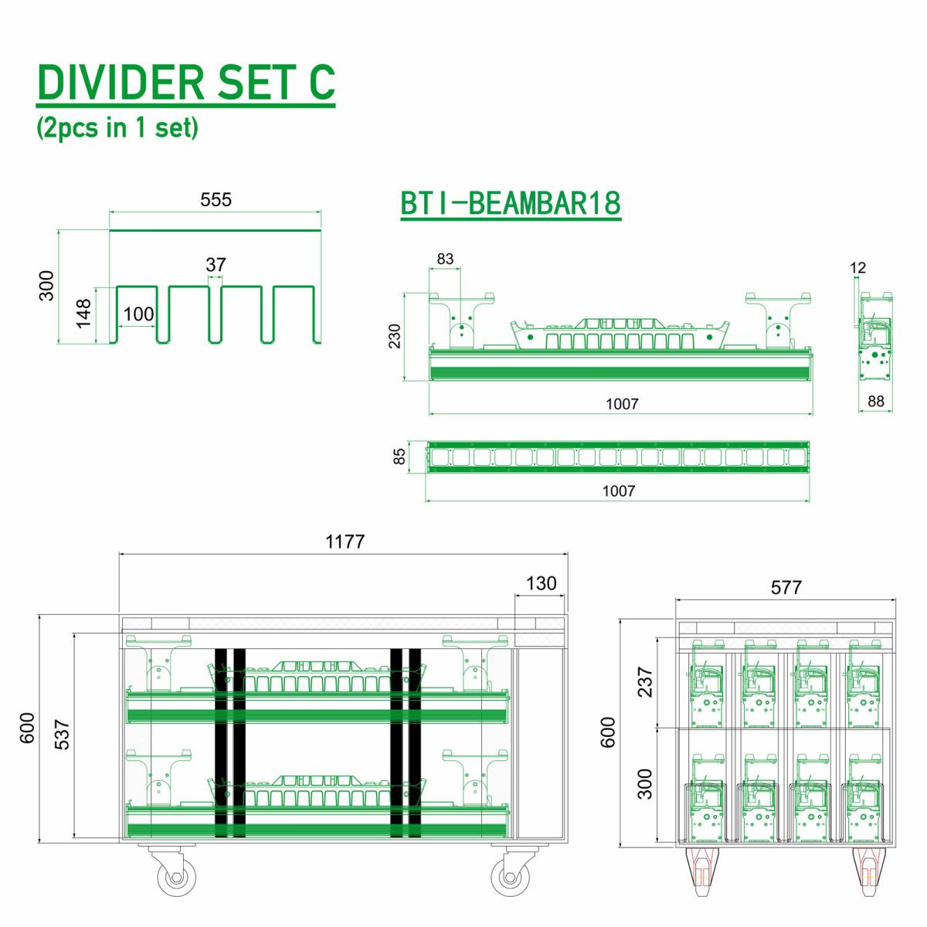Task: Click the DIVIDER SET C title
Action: tap(185, 83)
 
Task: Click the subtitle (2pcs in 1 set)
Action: tap(117, 127)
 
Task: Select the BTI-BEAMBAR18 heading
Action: tap(511, 203)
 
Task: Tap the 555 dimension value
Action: tap(216, 199)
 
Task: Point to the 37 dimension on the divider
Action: tap(216, 264)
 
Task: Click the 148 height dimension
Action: tap(83, 314)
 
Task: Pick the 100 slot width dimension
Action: tap(139, 314)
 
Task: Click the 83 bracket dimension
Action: tap(445, 259)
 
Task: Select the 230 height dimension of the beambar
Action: tap(395, 336)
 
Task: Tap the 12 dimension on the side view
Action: tap(857, 268)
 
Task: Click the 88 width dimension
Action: tap(875, 402)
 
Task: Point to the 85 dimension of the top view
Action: tap(399, 457)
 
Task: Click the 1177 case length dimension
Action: tap(345, 542)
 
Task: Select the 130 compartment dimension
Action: tap(540, 583)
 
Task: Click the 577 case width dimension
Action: tap(786, 588)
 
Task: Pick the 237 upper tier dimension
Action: tap(645, 681)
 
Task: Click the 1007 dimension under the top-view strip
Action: tap(618, 491)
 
